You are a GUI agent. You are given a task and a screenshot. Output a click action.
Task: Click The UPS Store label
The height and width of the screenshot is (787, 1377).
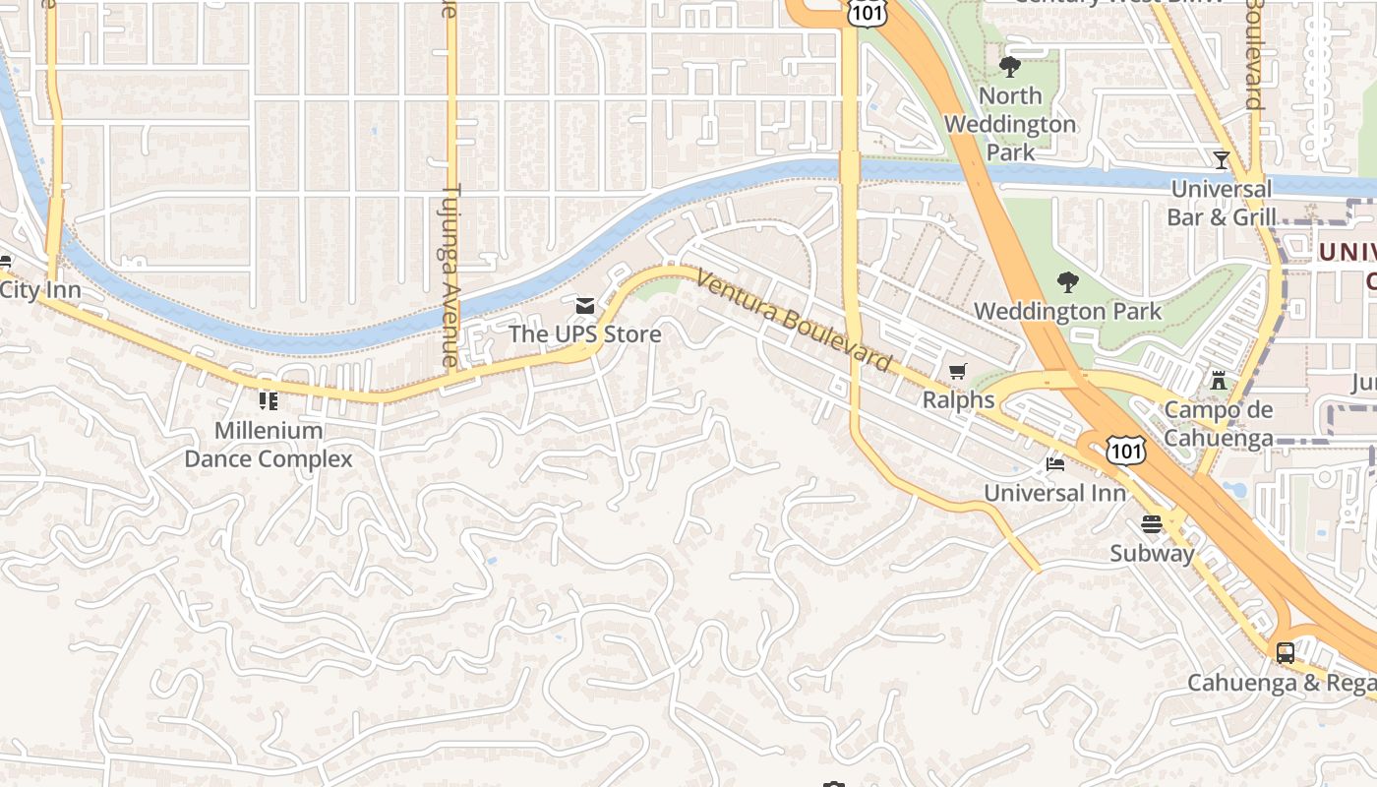(x=584, y=334)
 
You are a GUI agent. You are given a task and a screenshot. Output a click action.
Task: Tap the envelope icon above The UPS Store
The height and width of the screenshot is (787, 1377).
(x=585, y=307)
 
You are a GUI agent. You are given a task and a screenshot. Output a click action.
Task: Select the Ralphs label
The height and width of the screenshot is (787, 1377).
(x=958, y=400)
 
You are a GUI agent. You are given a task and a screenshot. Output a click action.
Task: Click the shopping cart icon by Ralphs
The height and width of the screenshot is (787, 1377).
(x=958, y=372)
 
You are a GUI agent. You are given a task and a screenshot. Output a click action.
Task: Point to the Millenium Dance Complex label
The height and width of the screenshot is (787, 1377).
(x=269, y=445)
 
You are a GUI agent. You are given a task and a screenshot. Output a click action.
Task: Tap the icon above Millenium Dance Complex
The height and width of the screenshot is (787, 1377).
(x=268, y=400)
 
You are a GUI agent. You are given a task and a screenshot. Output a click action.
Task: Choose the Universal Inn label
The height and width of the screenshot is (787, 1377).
(x=1054, y=493)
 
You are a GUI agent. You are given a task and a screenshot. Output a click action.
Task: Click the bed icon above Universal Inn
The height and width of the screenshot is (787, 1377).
(x=1054, y=464)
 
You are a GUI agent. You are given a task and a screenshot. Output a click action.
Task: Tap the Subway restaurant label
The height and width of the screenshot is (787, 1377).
(x=1152, y=553)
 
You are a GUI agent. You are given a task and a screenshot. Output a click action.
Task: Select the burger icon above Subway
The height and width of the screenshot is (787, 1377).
(x=1152, y=523)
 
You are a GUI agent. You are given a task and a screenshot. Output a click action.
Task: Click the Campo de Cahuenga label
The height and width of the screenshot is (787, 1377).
(x=1219, y=424)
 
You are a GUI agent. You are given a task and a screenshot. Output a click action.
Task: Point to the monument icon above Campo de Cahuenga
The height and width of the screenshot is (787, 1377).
(x=1219, y=381)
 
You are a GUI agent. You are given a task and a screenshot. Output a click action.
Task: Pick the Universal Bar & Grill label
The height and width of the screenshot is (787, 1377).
(x=1222, y=203)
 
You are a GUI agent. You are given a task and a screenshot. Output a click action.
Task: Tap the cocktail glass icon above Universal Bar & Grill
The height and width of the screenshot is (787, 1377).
(x=1222, y=159)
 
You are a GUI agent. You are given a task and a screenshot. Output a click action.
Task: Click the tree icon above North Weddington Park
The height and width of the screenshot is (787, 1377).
(x=1009, y=67)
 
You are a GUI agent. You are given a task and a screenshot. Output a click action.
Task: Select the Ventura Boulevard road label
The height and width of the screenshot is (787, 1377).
(x=794, y=322)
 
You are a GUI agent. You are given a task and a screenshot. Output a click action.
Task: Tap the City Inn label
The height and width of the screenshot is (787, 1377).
(x=39, y=290)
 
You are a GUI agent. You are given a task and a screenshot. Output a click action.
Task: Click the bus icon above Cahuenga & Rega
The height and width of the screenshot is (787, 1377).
(x=1285, y=652)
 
